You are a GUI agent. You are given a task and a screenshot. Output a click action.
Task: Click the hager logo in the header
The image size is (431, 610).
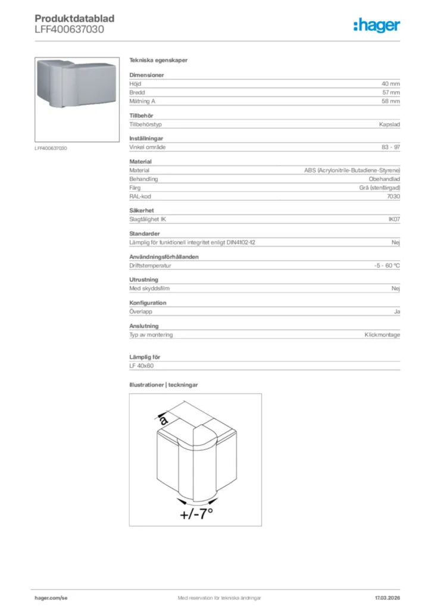point(376,25)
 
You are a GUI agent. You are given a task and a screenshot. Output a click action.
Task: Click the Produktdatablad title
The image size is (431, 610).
point(74,18)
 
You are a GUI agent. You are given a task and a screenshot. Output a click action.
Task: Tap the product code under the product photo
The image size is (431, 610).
point(51,148)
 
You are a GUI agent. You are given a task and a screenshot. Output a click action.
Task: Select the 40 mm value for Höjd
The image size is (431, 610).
point(391,84)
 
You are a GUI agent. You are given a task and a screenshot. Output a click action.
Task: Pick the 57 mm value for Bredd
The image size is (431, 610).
point(391,93)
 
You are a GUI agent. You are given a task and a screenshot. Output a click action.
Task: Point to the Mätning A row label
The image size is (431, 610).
point(142,101)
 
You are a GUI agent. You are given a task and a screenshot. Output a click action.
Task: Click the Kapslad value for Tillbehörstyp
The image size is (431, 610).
point(389,125)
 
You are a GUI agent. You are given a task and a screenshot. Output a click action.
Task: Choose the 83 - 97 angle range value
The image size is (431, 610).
point(391,147)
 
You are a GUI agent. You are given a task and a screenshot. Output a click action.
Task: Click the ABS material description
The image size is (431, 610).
point(352,170)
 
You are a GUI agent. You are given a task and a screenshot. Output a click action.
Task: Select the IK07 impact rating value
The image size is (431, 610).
point(393,219)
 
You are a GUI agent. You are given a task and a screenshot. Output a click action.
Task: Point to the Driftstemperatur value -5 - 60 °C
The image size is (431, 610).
point(383,266)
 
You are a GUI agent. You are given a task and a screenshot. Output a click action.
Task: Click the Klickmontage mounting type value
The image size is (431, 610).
point(382,335)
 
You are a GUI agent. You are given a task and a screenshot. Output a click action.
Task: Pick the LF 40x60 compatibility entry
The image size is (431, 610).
point(141,365)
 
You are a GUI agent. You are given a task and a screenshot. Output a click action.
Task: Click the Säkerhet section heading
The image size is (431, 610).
point(142,210)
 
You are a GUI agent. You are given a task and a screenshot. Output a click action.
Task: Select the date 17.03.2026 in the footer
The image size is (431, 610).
point(387,597)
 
